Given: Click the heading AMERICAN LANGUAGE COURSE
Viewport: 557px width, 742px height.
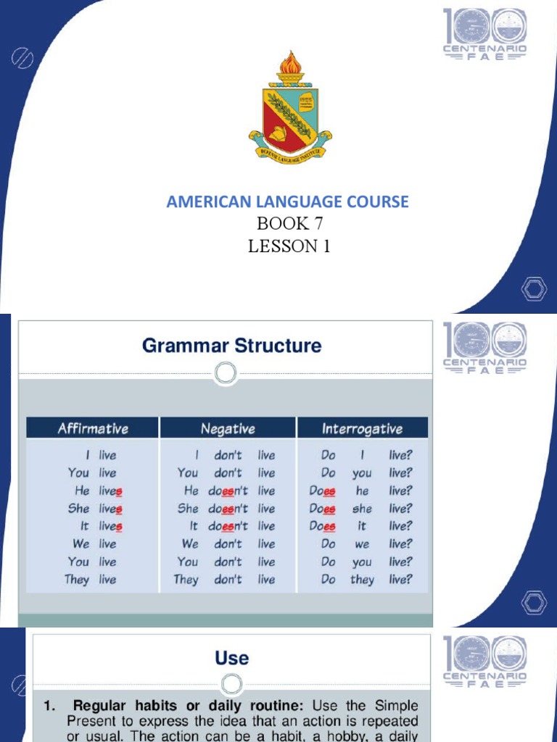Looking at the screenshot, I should [x=288, y=201].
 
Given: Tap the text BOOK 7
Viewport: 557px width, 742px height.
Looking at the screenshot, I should [x=289, y=224].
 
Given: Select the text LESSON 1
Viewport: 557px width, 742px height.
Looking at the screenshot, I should [x=289, y=246].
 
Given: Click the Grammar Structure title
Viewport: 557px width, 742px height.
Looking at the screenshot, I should [x=231, y=346].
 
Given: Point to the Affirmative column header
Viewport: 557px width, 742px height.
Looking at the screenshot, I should [x=93, y=428].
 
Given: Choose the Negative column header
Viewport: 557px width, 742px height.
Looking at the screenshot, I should [x=228, y=428].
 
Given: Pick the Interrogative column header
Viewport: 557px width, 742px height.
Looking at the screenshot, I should [x=362, y=428].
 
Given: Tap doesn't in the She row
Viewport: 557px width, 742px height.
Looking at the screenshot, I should [x=228, y=509].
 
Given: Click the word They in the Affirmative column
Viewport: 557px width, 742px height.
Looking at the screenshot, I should [x=76, y=579].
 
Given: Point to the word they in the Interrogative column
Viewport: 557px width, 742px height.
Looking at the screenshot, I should [x=362, y=579].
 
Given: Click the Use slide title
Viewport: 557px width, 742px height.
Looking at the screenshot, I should [x=231, y=658].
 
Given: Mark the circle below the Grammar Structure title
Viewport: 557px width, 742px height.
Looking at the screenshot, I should [x=226, y=374].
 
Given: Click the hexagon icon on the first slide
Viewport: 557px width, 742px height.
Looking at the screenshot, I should [x=534, y=291].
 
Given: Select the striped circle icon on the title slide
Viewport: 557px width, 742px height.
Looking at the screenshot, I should [x=20, y=58].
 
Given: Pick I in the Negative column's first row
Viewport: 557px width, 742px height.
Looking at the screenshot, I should [x=197, y=455].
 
